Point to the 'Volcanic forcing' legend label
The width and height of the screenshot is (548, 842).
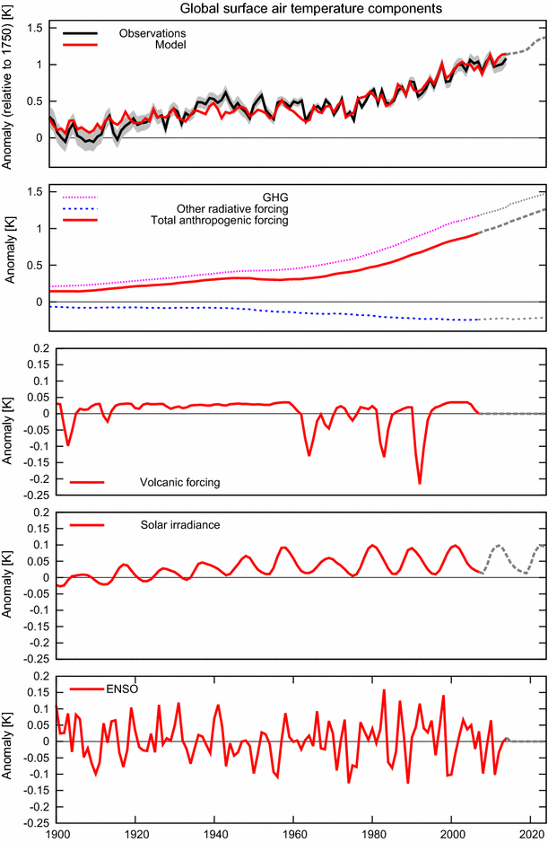180,482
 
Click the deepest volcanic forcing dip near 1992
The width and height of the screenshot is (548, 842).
420,484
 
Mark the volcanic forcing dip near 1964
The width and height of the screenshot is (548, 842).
309,455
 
